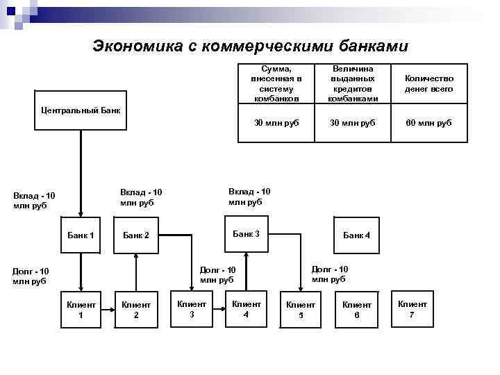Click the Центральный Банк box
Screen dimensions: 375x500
click(x=81, y=110)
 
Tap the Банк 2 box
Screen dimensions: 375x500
click(x=136, y=235)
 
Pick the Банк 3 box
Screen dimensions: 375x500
click(x=247, y=234)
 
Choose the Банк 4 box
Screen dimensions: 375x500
click(x=356, y=235)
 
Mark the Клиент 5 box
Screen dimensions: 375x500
click(x=301, y=310)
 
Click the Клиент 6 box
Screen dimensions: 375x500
click(x=356, y=310)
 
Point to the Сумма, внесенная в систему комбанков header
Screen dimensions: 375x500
click(x=276, y=84)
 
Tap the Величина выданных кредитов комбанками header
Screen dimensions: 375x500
click(x=353, y=84)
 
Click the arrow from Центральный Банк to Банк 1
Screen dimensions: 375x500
click(x=81, y=174)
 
